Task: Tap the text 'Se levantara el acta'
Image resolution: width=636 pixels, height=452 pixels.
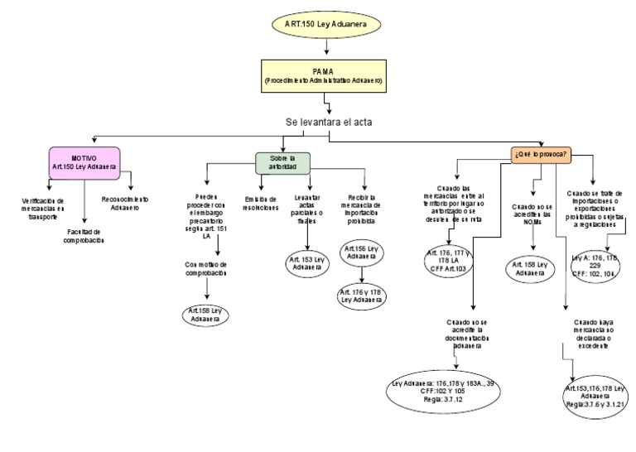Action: pos(329,122)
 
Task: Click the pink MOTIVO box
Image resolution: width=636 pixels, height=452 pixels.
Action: pos(84,161)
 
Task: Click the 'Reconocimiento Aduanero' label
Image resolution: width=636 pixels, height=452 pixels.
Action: pos(125,203)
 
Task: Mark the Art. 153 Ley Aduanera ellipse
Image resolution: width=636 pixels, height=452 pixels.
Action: pos(306,263)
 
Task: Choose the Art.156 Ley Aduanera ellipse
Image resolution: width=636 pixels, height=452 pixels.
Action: pos(363,252)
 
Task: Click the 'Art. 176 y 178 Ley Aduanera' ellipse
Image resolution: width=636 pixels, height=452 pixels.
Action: pos(362,296)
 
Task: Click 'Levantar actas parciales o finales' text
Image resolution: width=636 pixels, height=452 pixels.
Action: pos(307,209)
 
